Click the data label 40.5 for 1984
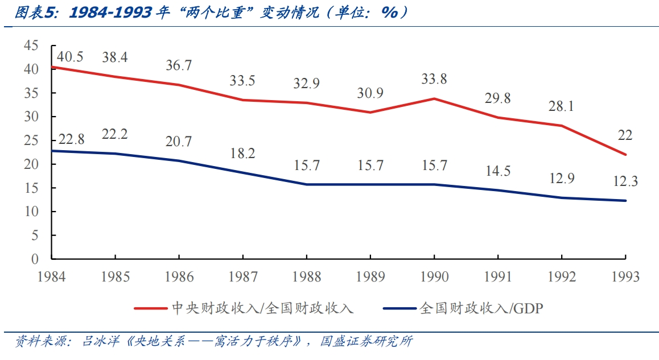click(x=71, y=57)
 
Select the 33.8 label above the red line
click(x=434, y=79)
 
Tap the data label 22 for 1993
click(x=625, y=135)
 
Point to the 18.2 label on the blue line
click(x=242, y=153)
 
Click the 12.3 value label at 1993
click(x=625, y=181)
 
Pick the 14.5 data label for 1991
click(x=498, y=170)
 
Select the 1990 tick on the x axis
click(x=434, y=277)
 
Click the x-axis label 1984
click(x=51, y=277)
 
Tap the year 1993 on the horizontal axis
click(x=625, y=277)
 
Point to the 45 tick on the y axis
click(x=31, y=45)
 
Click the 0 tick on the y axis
click(x=35, y=259)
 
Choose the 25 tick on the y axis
click(x=31, y=140)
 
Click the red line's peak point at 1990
click(x=434, y=98)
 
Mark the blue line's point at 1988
click(x=307, y=184)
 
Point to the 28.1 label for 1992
click(x=562, y=106)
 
